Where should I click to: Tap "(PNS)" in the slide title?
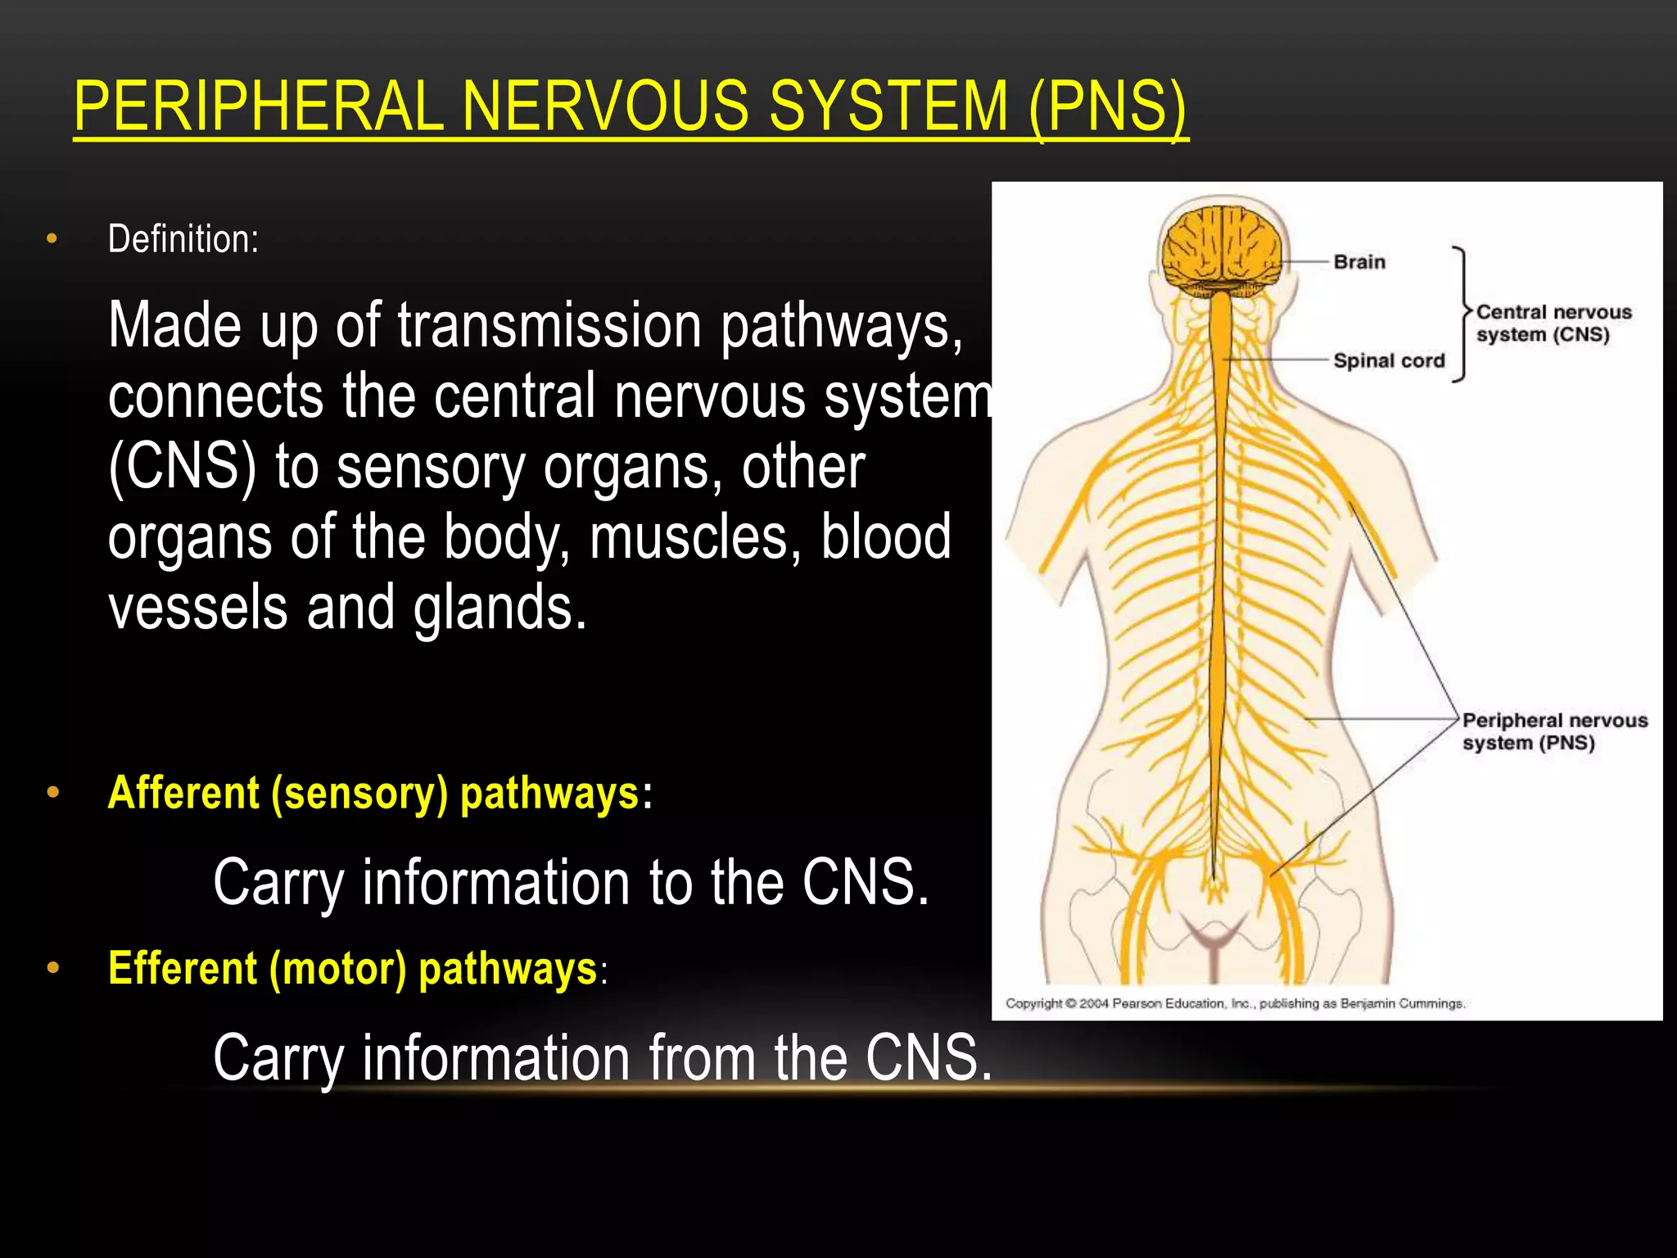click(x=1107, y=107)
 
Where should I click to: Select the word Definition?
click(x=182, y=239)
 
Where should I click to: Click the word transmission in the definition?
click(x=549, y=326)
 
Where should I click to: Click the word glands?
click(x=499, y=608)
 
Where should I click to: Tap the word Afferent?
click(x=183, y=793)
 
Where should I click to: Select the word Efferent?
click(x=183, y=968)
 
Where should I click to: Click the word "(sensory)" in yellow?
click(x=359, y=793)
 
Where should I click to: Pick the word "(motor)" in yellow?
click(x=338, y=968)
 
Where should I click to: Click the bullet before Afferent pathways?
click(x=53, y=792)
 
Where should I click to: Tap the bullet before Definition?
click(x=52, y=238)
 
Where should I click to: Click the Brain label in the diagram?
click(x=1359, y=262)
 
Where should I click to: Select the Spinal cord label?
click(x=1389, y=360)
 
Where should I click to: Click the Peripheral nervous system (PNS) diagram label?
click(x=1553, y=731)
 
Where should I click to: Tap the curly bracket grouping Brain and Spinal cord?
click(x=1462, y=314)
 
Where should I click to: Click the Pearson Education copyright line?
click(x=1235, y=1003)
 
